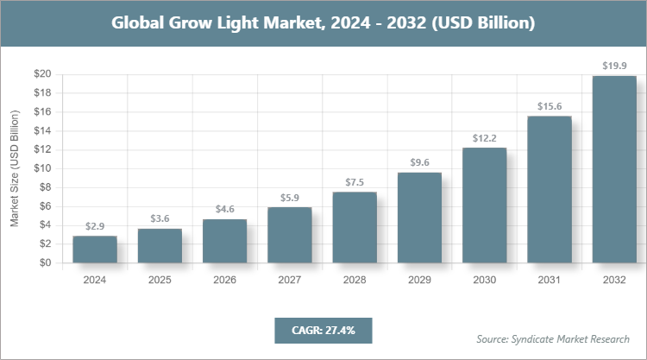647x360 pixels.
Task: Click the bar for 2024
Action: [95, 249]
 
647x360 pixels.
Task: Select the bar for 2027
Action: [289, 235]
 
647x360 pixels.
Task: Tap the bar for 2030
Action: [484, 205]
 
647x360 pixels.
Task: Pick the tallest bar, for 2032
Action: [614, 169]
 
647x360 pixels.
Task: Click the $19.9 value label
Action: [614, 65]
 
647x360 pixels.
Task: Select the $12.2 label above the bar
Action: [484, 137]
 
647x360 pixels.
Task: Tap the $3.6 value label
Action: [160, 218]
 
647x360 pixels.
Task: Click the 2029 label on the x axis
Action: [419, 280]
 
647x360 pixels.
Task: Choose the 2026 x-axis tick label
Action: [224, 280]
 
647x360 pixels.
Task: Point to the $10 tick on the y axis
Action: [41, 168]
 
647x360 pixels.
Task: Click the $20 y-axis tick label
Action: [41, 74]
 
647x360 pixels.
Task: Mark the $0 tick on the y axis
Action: [45, 263]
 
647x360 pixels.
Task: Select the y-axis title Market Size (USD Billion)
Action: [15, 169]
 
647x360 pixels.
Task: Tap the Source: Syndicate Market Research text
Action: [553, 338]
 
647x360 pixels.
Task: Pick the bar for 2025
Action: [160, 246]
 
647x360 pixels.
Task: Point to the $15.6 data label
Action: [550, 105]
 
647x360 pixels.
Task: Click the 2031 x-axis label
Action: [550, 280]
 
